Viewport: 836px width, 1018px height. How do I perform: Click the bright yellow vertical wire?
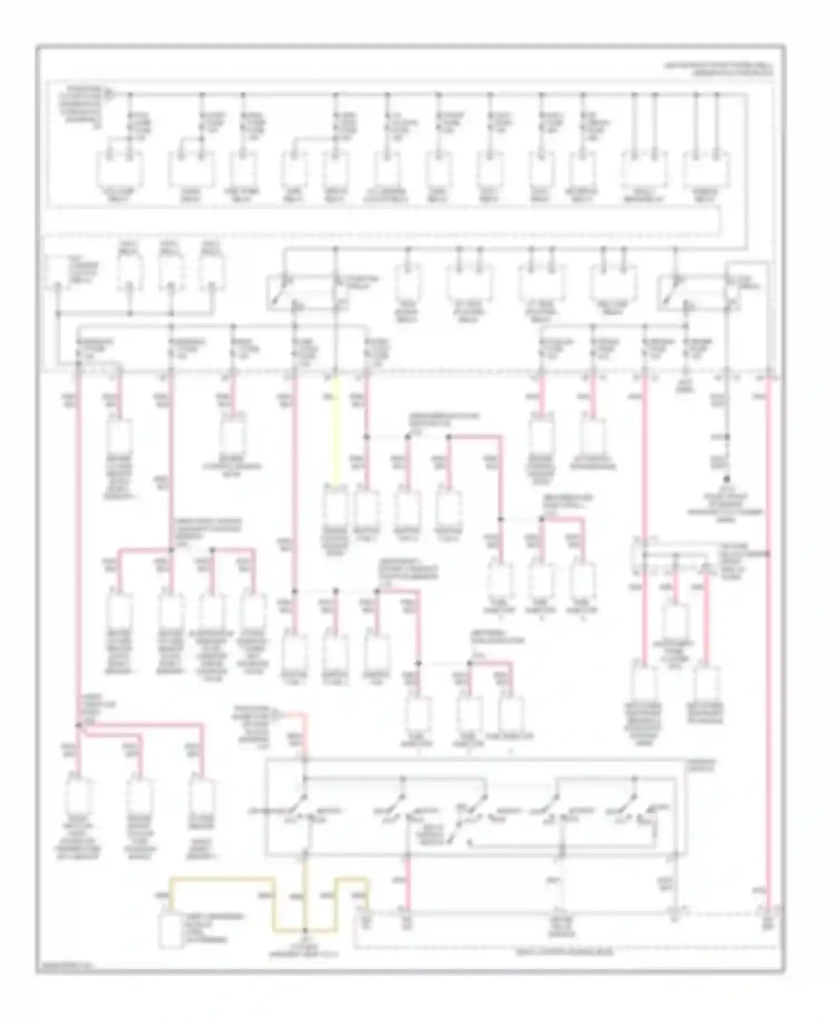336,429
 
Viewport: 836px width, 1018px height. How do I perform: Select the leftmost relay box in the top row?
119,168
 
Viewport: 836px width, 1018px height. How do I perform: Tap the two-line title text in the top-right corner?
719,69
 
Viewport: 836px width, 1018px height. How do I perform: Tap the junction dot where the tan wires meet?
305,931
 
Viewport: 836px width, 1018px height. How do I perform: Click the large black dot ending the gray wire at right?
727,479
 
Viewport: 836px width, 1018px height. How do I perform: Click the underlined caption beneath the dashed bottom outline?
574,953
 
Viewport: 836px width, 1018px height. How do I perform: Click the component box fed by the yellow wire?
336,507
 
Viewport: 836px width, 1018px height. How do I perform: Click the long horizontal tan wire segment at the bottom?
223,879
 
